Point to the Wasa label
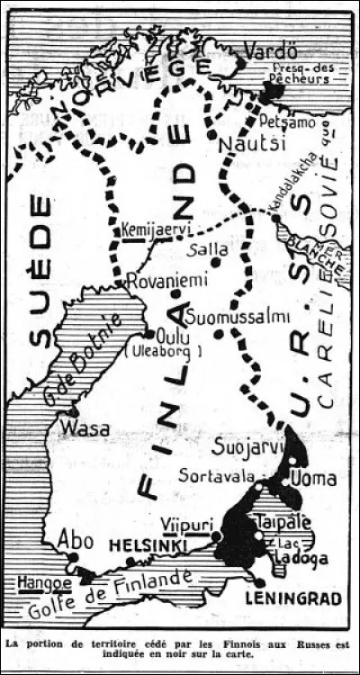click(85, 427)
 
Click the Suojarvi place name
click(245, 445)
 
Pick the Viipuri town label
click(186, 525)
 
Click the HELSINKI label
click(148, 545)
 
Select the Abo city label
click(76, 538)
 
